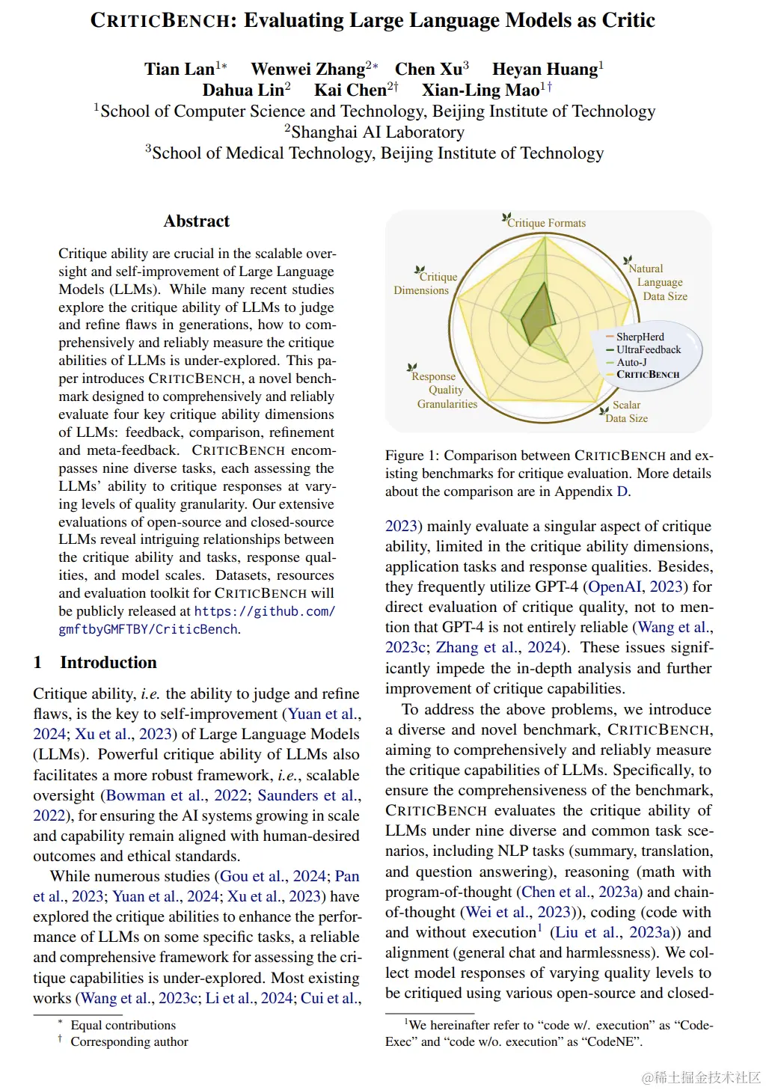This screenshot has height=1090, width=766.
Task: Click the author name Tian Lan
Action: click(180, 70)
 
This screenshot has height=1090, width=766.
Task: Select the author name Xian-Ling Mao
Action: click(480, 91)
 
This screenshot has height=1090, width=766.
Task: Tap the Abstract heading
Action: click(197, 221)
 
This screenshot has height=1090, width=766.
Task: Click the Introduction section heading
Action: click(108, 662)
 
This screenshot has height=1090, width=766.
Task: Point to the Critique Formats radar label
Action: click(546, 223)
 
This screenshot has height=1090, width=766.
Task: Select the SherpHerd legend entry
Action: click(640, 337)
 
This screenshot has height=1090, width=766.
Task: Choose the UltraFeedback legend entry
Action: click(648, 349)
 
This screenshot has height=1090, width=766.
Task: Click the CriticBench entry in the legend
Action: click(647, 375)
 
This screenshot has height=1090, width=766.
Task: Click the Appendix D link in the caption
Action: click(622, 492)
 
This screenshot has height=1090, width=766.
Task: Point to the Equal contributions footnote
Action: click(123, 1025)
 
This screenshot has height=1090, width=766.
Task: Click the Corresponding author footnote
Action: click(129, 1041)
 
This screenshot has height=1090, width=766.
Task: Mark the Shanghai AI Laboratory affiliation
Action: click(377, 132)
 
